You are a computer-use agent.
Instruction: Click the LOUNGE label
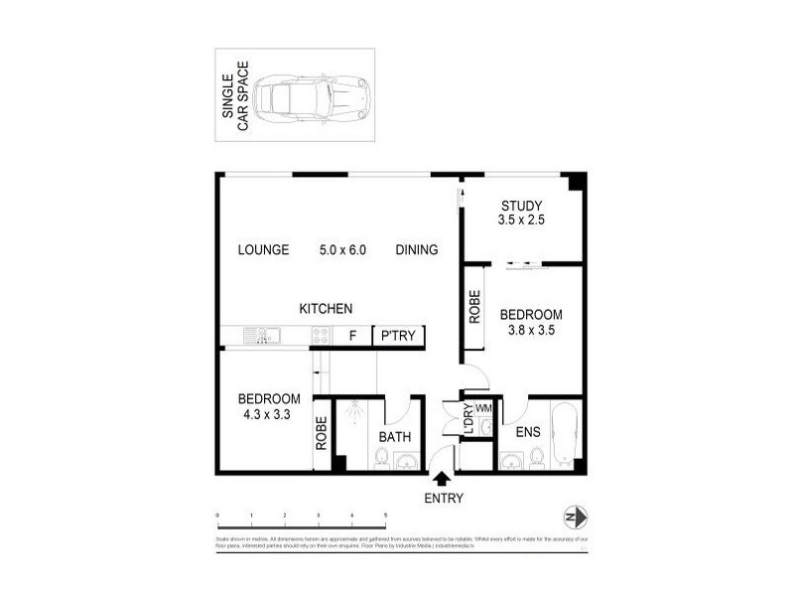tap(263, 249)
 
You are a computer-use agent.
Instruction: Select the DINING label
tap(416, 249)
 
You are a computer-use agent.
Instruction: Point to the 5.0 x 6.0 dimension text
tap(342, 249)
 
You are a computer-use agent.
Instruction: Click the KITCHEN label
tap(325, 309)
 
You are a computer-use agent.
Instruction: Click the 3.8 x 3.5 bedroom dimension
tap(530, 329)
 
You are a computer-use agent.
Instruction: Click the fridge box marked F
tap(351, 336)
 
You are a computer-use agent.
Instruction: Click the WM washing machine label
tap(484, 407)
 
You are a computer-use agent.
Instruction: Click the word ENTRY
tap(443, 499)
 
